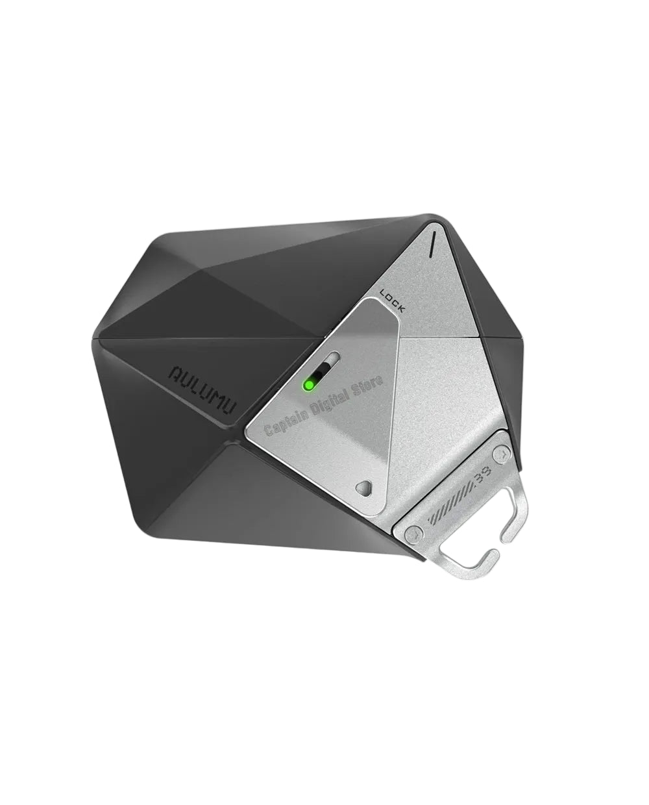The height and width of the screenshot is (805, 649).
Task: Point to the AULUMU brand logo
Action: point(202,389)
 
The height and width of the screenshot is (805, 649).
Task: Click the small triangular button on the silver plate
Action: point(366,487)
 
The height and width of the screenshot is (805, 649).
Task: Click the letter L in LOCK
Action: point(384,293)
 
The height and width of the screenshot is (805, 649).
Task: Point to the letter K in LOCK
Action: point(401,309)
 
